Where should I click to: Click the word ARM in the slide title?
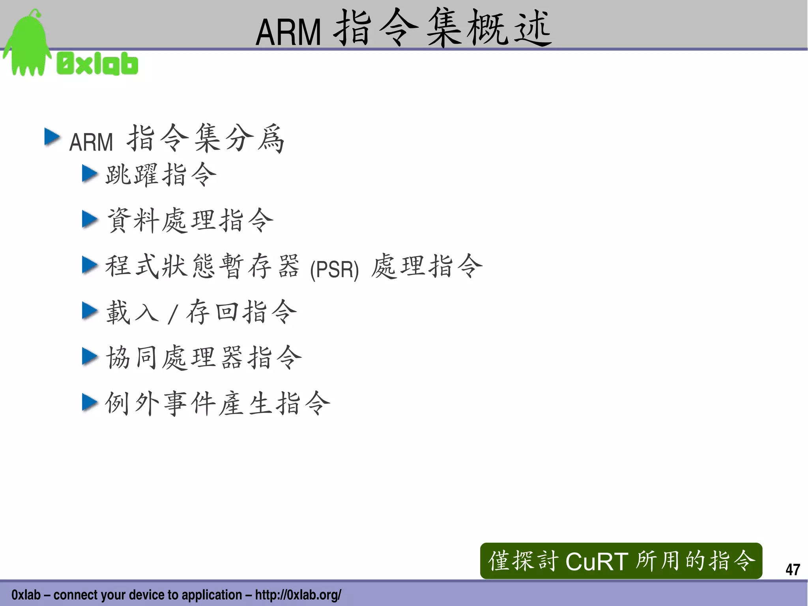288,32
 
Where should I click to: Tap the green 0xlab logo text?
97,64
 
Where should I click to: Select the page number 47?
792,569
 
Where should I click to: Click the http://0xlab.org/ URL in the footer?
298,595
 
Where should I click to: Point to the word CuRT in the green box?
597,561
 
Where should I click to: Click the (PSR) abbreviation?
334,270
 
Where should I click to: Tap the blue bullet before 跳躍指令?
90,174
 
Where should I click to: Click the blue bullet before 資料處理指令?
90,220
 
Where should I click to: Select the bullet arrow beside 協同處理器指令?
90,356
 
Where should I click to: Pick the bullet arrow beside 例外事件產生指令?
90,403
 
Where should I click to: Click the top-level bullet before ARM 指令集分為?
52,137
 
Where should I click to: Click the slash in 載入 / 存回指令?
172,314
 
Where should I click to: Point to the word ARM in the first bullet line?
91,142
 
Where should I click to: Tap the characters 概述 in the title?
509,28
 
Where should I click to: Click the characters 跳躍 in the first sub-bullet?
132,174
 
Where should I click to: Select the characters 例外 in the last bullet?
132,403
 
